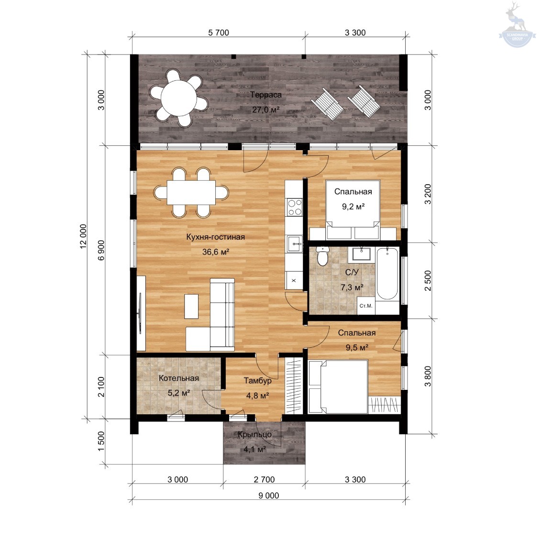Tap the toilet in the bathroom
[322, 256]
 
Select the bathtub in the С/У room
[387, 274]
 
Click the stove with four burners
[295, 207]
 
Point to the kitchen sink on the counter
[294, 244]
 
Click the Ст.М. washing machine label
[366, 306]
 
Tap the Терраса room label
[265, 95]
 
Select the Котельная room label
[179, 378]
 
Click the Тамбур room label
[257, 381]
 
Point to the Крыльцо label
[254, 435]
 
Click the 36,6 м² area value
[216, 252]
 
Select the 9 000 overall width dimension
[269, 496]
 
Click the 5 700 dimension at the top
[219, 33]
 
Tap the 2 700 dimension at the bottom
[265, 479]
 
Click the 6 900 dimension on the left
[101, 250]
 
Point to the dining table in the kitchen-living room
[191, 192]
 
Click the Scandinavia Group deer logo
[517, 25]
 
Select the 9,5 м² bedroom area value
[357, 347]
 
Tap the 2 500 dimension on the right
[428, 280]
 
